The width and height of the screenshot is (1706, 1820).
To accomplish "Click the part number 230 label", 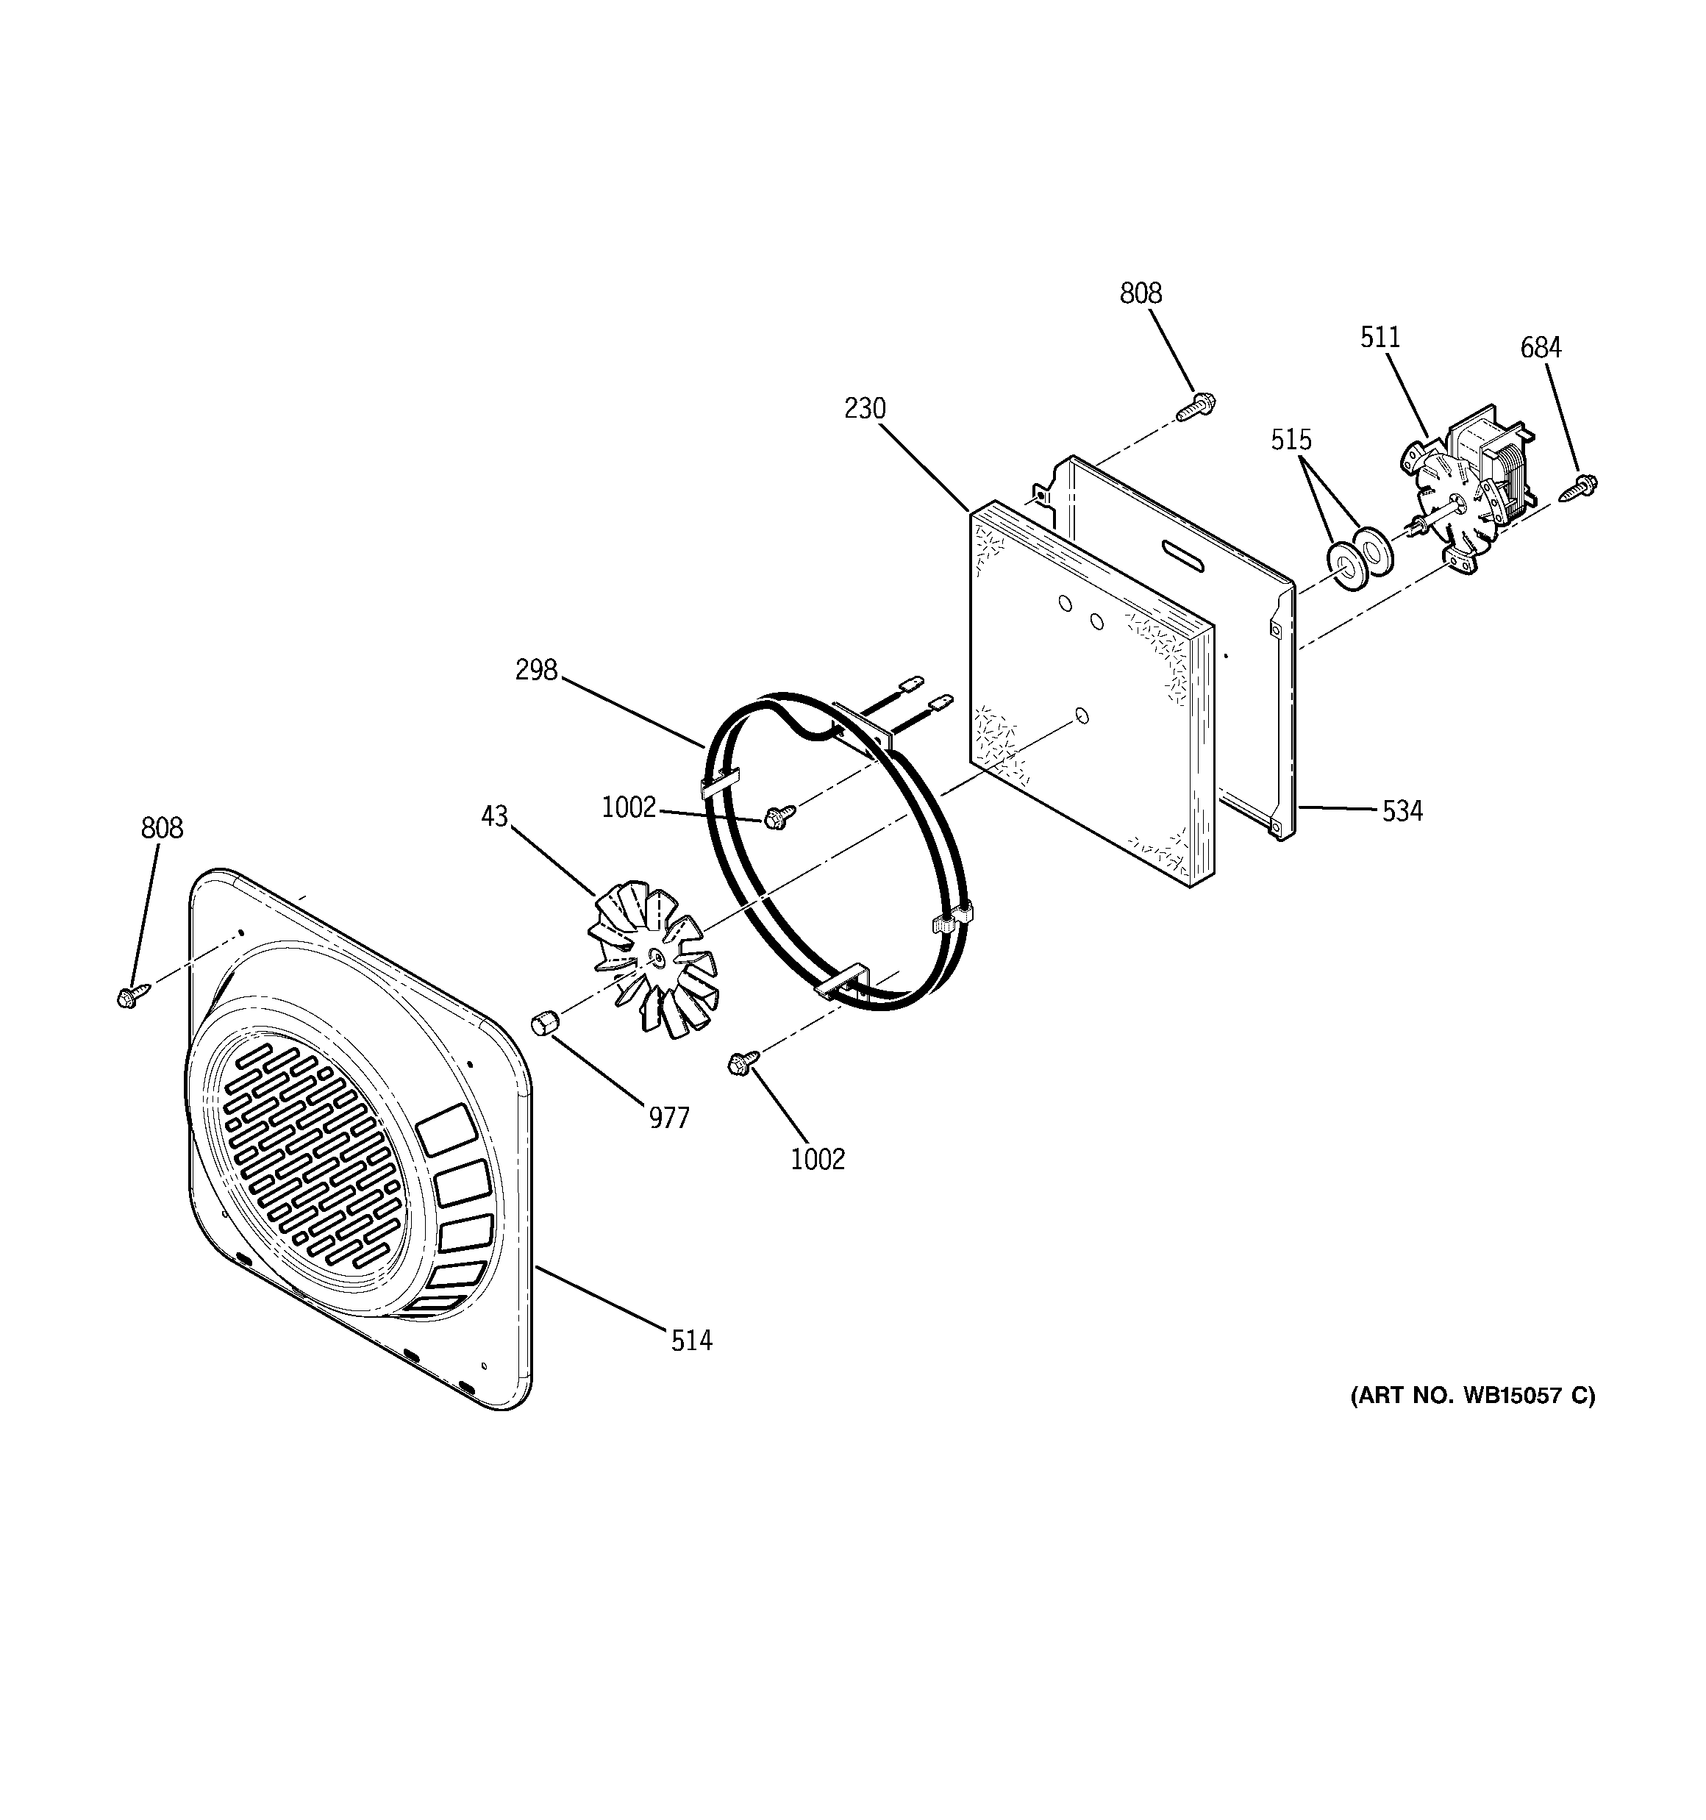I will click(x=865, y=408).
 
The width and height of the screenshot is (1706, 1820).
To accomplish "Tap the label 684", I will click(x=1541, y=348).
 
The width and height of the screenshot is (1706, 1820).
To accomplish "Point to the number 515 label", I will click(x=1291, y=440).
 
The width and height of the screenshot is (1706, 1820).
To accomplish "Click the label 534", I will click(x=1402, y=811).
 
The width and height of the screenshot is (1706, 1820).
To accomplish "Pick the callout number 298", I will click(x=536, y=671).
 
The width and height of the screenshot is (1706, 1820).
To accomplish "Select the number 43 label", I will click(x=493, y=817).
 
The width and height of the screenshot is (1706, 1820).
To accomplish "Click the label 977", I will click(x=668, y=1118).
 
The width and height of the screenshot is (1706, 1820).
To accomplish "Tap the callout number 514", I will click(x=691, y=1341).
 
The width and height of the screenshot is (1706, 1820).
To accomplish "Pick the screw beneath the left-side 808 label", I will click(x=129, y=996).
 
